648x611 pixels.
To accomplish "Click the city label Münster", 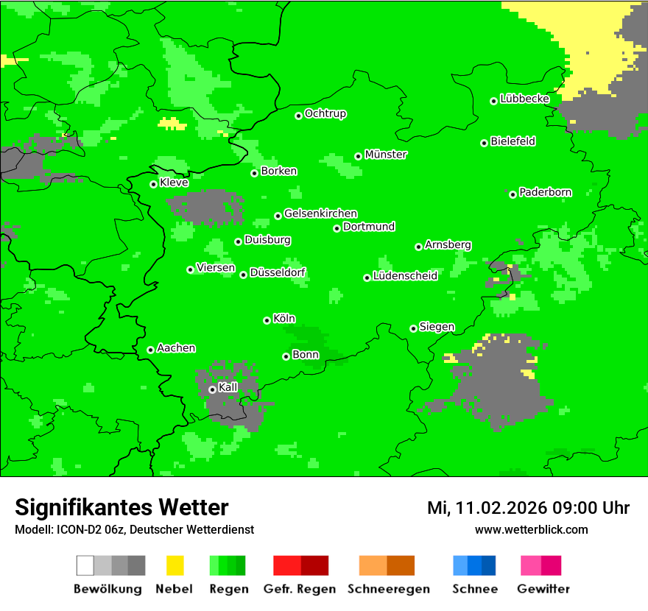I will [386, 155].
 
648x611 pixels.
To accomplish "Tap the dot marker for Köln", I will [267, 320].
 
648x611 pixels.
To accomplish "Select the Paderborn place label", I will [545, 192].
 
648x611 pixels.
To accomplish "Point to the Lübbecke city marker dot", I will [494, 101].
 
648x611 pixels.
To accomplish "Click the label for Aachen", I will [176, 348].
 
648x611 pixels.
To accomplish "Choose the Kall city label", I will [228, 387].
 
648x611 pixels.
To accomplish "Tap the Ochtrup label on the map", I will [325, 114].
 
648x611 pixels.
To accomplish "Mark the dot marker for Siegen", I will [413, 328].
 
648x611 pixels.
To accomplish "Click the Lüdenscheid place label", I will [405, 276].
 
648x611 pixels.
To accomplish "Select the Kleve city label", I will [174, 183].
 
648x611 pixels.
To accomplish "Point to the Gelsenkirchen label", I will [320, 213].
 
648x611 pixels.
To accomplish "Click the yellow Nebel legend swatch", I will [175, 565].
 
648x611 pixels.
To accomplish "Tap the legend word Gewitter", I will [543, 589].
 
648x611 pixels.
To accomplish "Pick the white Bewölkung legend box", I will [85, 565].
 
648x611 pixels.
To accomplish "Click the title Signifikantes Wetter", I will [121, 507].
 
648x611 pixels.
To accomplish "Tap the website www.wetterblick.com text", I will [531, 529].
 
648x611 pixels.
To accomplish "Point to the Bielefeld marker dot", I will [485, 143].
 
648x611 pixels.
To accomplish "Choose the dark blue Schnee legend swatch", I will [489, 565].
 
